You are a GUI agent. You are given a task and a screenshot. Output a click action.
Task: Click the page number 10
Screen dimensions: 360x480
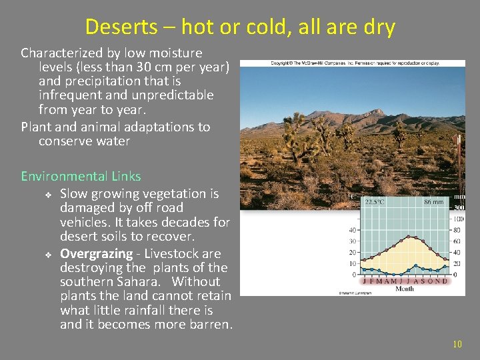457,345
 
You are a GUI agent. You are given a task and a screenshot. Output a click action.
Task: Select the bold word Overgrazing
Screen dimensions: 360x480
96,254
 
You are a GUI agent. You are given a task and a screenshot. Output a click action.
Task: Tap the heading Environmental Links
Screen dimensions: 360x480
81,176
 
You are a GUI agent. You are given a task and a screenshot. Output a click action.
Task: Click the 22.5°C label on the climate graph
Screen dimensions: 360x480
374,202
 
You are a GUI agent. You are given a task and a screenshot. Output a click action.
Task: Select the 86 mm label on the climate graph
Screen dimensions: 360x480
433,202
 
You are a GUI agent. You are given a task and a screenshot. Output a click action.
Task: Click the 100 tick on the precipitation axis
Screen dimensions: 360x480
459,219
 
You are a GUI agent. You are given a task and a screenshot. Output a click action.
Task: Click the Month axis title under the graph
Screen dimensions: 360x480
405,289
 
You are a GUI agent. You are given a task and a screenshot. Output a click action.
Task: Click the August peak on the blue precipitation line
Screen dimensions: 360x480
415,265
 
